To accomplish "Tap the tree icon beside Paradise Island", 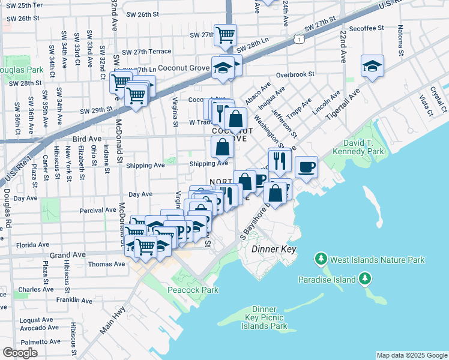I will pos(364,278).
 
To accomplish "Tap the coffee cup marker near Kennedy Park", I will pos(306,166).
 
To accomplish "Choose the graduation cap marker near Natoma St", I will pos(372,65).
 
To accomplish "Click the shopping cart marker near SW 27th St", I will pos(224,34).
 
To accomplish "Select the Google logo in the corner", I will pos(20,353).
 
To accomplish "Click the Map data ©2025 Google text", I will pos(411,355).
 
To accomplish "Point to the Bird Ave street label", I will pos(86,139).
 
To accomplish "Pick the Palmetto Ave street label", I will pos(41,341).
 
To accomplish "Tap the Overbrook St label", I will pos(295,75).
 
